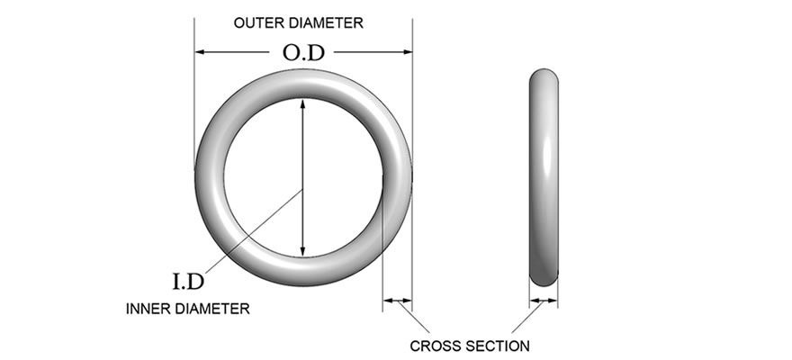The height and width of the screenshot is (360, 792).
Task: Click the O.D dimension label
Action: tap(302, 53)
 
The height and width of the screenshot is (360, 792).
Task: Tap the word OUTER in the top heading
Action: tap(257, 23)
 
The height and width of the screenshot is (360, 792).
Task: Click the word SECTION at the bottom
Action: tap(500, 346)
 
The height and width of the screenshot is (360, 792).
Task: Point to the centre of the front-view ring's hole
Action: tap(303, 177)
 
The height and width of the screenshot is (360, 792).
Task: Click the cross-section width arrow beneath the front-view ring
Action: tap(397, 301)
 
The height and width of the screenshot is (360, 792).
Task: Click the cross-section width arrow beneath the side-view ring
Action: tap(543, 301)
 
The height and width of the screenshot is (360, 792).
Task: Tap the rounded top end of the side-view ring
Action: tap(543, 76)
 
